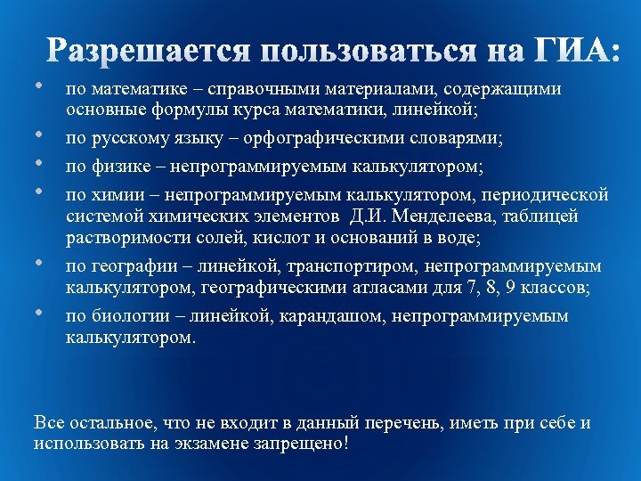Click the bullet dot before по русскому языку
coord(40,136)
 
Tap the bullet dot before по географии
coord(40,264)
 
